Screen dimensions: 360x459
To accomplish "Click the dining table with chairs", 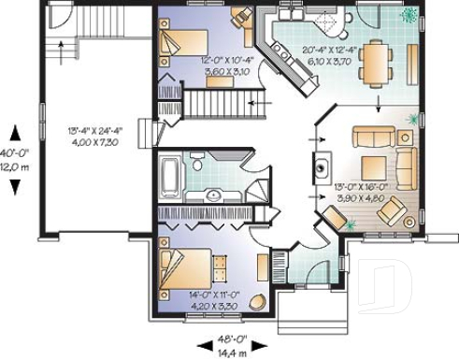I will click(377, 63).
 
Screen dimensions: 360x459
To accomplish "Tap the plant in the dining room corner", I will click(409, 15).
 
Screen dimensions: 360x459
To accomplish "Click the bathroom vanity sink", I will click(214, 194).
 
